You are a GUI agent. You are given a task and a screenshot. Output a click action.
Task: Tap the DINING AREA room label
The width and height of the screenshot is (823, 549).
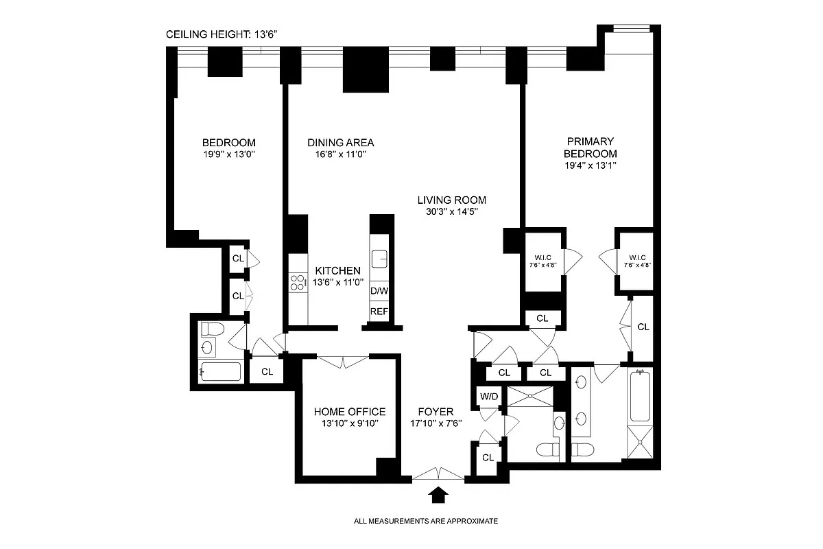340,143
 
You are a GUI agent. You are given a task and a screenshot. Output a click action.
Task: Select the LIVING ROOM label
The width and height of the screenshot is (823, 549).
452,200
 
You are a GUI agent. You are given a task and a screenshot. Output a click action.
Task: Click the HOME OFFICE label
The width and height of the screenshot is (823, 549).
350,412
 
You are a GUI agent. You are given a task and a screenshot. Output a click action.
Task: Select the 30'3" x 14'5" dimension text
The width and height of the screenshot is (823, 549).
452,212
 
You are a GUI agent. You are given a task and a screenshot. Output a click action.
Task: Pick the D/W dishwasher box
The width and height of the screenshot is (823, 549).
379,291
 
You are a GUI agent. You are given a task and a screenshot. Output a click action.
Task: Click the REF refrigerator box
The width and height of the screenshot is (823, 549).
379,312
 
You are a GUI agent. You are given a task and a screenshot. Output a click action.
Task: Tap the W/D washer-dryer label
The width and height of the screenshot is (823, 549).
488,396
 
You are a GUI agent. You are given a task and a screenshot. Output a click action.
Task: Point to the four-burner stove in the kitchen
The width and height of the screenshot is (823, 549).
298,281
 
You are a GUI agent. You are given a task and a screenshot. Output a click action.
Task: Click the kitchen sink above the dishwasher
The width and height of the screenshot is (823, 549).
379,259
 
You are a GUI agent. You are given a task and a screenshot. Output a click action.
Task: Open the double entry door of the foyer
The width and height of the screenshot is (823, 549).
438,474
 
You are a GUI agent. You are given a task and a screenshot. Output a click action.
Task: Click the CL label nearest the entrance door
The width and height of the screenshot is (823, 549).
488,458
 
